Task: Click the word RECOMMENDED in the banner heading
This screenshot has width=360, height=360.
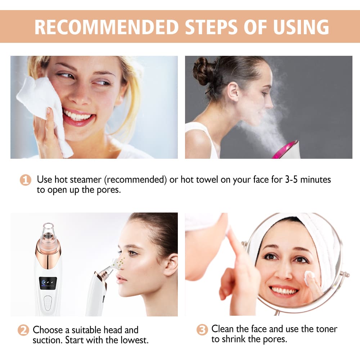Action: point(107,27)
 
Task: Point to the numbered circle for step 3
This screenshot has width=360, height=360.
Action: point(202,330)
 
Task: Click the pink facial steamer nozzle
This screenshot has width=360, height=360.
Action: point(286,149)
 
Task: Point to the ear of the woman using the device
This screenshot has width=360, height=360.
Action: point(170,265)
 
